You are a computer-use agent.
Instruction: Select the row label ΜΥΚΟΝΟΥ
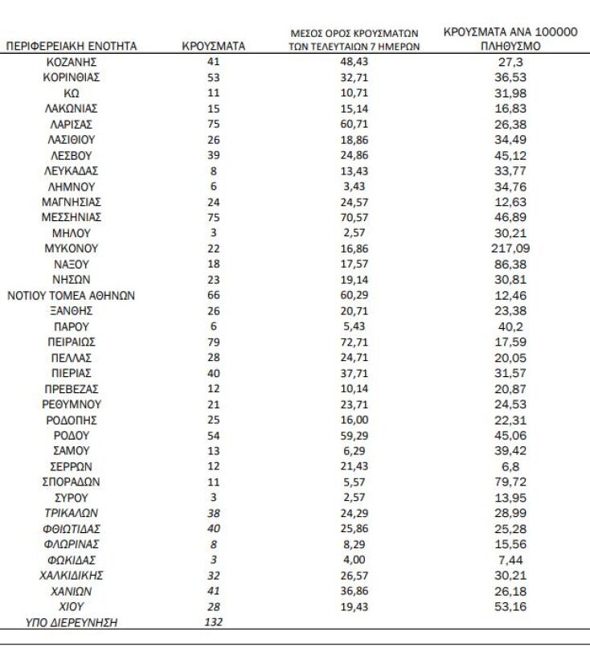(x=71, y=248)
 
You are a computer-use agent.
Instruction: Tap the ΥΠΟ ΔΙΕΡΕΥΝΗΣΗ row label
(x=71, y=621)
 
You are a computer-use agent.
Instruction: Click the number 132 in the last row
(x=213, y=621)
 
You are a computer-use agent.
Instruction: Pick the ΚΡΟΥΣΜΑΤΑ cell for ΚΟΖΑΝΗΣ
(x=213, y=62)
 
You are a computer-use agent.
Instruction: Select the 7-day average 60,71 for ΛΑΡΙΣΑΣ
(x=354, y=125)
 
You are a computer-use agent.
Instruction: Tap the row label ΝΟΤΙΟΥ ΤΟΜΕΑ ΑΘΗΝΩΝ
(x=71, y=295)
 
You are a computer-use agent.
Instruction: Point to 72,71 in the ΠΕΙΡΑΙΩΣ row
(x=354, y=342)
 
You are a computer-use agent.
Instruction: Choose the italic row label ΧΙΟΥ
(x=71, y=606)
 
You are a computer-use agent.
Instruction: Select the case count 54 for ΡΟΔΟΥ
(x=213, y=435)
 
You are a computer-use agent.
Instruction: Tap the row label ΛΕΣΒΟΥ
(x=71, y=155)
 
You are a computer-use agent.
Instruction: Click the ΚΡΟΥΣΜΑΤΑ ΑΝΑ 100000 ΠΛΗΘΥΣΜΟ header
(x=510, y=39)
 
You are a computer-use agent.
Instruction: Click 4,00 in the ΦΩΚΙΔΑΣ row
(x=354, y=560)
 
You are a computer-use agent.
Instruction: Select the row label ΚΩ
(x=71, y=93)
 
